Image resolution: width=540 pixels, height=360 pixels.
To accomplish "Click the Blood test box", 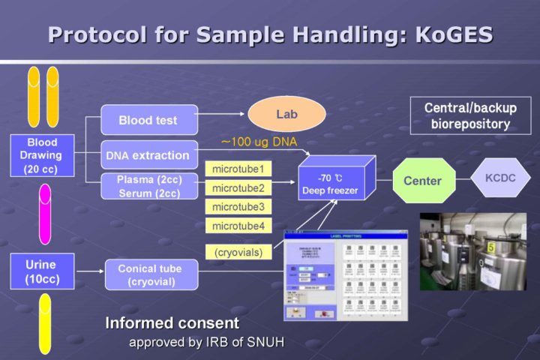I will click(x=148, y=120).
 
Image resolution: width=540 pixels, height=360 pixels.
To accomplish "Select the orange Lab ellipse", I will click(x=286, y=113).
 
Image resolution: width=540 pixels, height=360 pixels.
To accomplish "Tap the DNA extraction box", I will click(x=148, y=155).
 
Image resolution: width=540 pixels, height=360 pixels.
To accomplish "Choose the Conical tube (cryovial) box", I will click(x=149, y=274).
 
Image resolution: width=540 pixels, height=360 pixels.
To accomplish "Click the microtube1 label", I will click(x=238, y=169).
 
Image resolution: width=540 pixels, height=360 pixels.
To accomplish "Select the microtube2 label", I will click(x=238, y=188).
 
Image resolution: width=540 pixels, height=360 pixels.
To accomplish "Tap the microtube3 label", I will click(x=238, y=207).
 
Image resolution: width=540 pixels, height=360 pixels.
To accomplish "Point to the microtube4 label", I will click(x=238, y=226).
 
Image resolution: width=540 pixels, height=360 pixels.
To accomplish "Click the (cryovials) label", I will click(x=238, y=253).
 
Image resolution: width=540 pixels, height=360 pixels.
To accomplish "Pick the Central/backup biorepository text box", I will click(x=470, y=116).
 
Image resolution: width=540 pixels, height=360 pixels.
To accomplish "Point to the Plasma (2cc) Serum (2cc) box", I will click(x=148, y=187).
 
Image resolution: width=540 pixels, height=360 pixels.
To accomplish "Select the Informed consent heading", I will click(x=172, y=324).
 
